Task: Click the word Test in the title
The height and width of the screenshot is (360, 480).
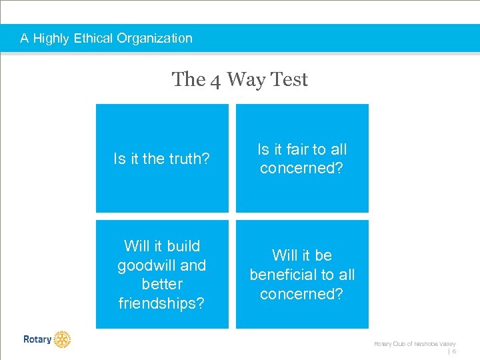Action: [x=290, y=79]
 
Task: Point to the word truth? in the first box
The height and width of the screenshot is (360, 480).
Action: [x=189, y=159]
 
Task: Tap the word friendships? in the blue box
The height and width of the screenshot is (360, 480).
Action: [x=162, y=303]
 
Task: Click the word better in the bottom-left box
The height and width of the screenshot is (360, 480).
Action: [x=162, y=284]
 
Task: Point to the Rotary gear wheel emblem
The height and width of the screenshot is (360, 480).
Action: [x=62, y=339]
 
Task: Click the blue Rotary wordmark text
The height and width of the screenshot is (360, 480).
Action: [x=37, y=339]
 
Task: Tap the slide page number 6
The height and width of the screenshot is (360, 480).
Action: [x=454, y=351]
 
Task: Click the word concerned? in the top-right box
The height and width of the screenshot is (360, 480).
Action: [x=301, y=168]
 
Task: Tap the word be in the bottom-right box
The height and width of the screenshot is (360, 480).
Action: [x=323, y=255]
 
